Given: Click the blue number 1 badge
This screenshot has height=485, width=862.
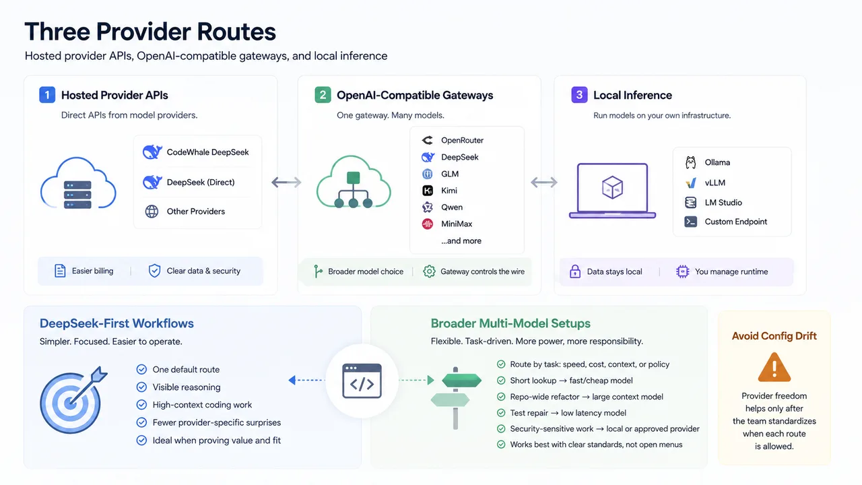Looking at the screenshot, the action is coord(47,95).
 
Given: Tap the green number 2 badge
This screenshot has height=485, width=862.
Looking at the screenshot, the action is coord(323,95).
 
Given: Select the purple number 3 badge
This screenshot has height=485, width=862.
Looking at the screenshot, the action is coord(579,95).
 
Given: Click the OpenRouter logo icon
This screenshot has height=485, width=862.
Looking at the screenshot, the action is coord(427,140).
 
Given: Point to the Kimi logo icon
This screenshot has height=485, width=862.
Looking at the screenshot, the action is coord(428,191).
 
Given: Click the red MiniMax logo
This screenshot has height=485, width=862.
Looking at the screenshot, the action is coord(427,224).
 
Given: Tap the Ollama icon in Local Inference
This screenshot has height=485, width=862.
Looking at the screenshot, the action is coord(691,162).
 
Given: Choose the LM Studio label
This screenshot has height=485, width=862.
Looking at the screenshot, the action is coord(723,203).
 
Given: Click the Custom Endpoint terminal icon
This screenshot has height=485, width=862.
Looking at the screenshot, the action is coord(691,222).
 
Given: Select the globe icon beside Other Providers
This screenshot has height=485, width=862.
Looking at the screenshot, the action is coord(152,212).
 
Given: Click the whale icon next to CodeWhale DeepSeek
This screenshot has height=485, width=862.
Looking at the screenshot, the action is coord(152,152).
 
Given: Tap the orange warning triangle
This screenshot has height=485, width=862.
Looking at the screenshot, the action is coord(774,367).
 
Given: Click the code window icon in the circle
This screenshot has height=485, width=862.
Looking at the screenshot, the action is coord(362,381).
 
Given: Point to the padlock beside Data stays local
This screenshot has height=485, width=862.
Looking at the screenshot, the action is coord(575,271).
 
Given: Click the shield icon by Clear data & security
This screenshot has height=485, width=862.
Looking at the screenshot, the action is coord(154,271).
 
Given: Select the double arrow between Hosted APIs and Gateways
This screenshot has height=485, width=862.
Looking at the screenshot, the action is coord(286,182).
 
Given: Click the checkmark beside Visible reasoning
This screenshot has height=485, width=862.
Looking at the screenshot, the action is coord(141,387).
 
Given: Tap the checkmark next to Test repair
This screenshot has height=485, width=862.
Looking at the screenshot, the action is coord(501,413).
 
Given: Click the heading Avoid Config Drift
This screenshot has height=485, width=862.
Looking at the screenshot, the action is coord(774,336).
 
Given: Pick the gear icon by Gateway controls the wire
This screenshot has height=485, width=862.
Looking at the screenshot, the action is coord(429,271).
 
